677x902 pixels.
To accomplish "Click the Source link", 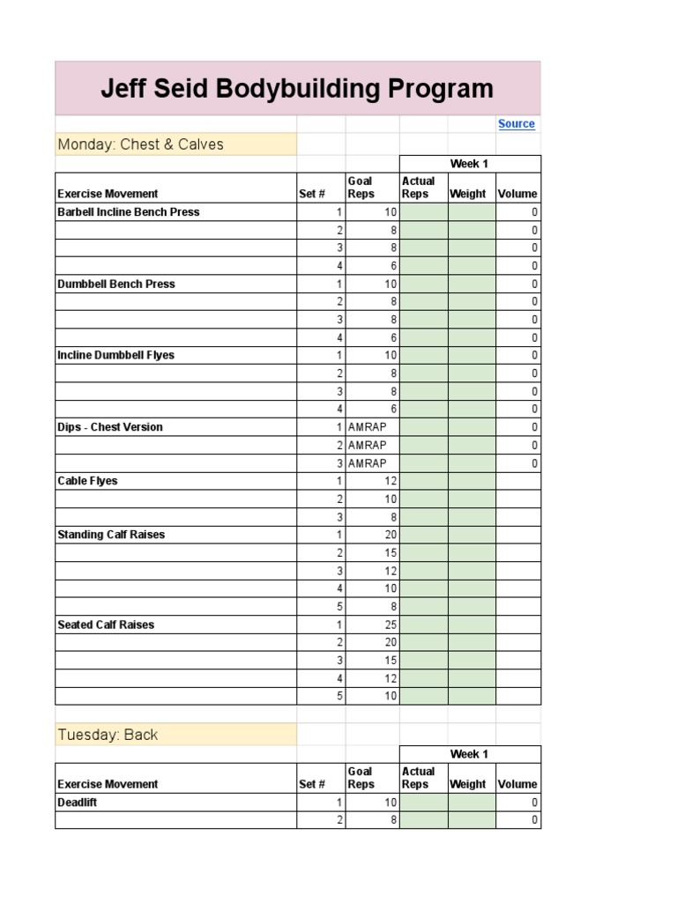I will (516, 124).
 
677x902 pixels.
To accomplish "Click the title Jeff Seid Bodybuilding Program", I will (297, 89).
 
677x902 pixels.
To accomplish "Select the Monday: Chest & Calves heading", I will (141, 144).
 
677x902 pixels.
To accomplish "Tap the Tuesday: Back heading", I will (108, 735).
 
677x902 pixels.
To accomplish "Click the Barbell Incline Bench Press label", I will (129, 212).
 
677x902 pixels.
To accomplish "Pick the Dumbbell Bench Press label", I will (116, 285).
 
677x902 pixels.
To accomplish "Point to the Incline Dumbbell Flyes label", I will (116, 356).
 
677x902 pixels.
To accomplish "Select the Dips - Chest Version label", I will (110, 427).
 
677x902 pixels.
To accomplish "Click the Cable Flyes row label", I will (87, 481).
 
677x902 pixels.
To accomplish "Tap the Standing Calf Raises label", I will (111, 535).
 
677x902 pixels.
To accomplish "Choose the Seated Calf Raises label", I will (106, 625).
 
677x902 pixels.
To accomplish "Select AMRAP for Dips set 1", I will (367, 427).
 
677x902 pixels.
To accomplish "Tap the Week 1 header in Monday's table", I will (469, 164).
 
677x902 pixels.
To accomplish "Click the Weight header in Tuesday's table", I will (468, 784).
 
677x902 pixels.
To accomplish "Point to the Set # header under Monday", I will (312, 194).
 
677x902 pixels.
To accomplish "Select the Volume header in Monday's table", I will (517, 194).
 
